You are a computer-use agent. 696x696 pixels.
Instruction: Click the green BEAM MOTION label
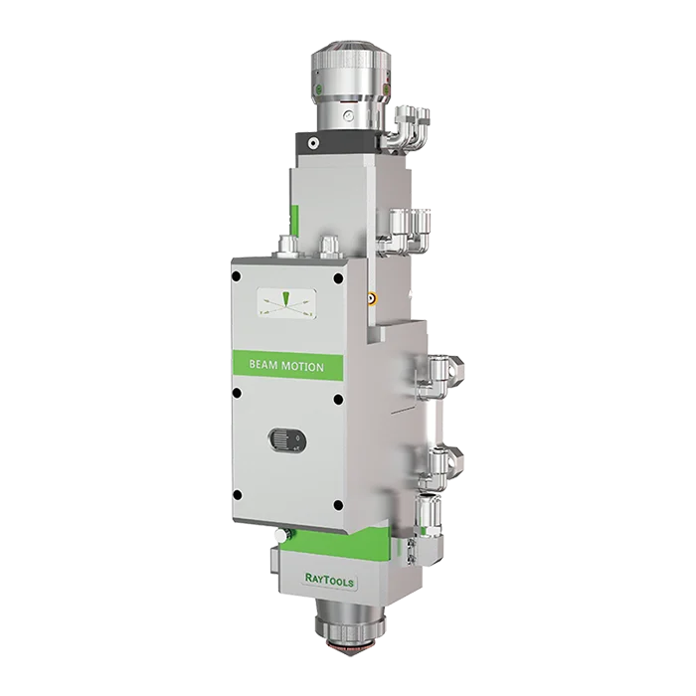click(x=288, y=365)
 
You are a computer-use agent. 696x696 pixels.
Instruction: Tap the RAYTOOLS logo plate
click(x=329, y=579)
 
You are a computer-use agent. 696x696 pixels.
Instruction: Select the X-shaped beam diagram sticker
click(x=287, y=302)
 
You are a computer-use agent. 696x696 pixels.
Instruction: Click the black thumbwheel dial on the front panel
click(x=286, y=439)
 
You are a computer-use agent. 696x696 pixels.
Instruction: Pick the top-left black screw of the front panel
click(x=237, y=276)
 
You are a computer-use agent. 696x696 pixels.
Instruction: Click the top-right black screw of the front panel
click(x=338, y=278)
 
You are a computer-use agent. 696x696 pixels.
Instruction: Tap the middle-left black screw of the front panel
click(x=237, y=393)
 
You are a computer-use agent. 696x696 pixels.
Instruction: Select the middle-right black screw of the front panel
click(x=338, y=399)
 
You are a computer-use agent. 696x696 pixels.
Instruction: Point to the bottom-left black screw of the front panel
click(x=238, y=494)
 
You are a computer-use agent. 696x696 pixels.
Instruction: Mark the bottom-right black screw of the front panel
click(x=338, y=505)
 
